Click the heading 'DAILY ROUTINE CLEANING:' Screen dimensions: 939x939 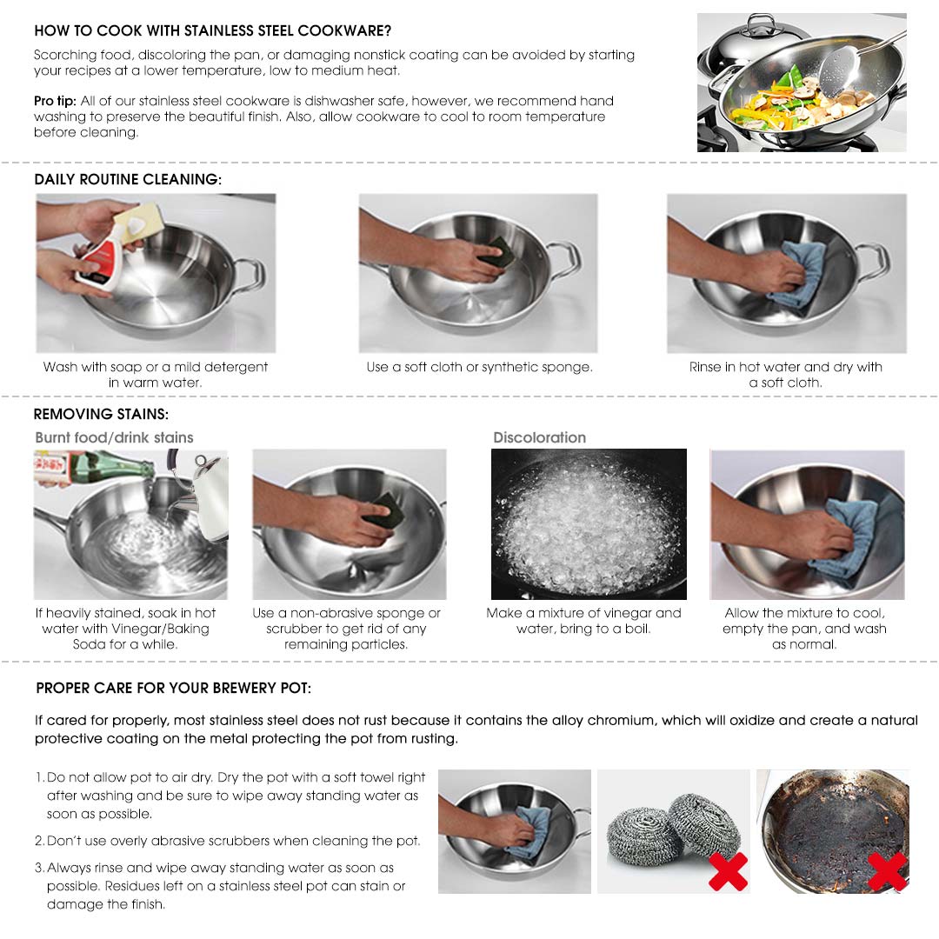(128, 180)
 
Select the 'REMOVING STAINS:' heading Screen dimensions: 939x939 (101, 414)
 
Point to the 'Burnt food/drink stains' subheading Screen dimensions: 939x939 (114, 437)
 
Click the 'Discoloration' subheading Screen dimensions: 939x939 (539, 437)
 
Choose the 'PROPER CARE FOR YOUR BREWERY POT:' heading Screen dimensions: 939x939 (173, 688)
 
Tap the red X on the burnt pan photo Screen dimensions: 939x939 (887, 870)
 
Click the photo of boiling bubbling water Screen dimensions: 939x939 (589, 523)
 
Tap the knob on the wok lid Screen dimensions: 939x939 (762, 21)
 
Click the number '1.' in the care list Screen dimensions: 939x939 (40, 777)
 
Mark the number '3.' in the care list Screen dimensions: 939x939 (40, 868)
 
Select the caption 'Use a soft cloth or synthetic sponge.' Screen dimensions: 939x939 (479, 367)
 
